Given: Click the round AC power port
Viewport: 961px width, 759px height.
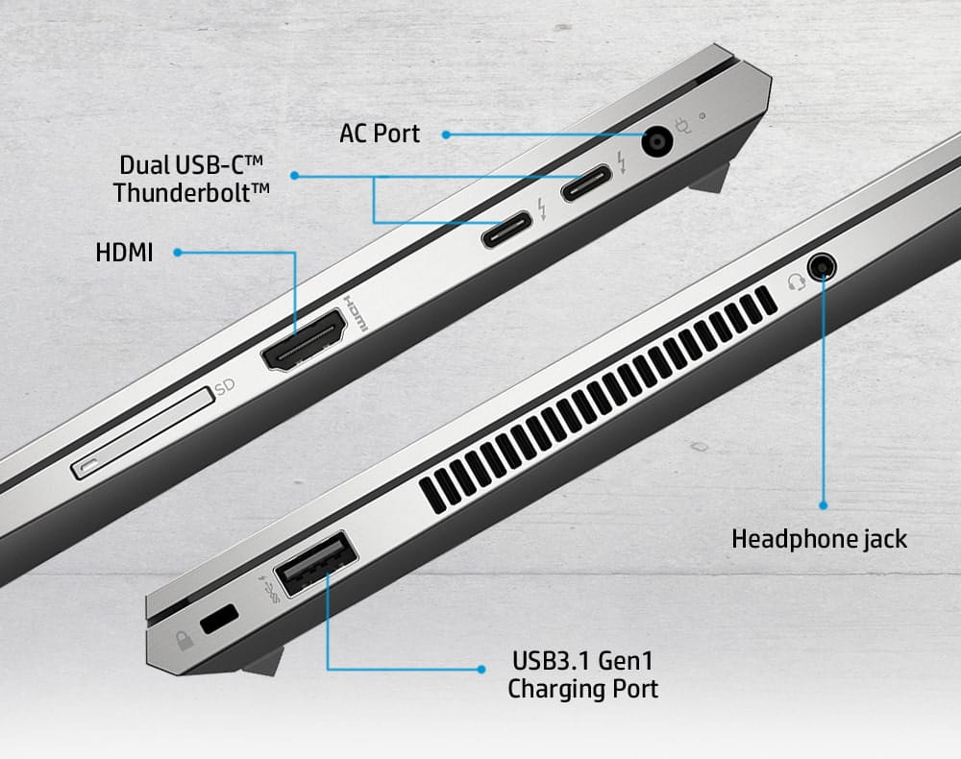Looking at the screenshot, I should (x=658, y=144).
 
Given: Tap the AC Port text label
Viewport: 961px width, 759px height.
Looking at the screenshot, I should (x=380, y=133).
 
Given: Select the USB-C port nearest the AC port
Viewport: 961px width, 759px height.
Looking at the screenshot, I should (x=585, y=183).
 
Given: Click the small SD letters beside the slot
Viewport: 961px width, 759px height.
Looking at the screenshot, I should (x=225, y=387).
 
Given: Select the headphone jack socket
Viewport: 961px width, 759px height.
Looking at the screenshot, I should (x=821, y=266).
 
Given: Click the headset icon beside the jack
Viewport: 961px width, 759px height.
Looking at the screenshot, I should (x=795, y=282).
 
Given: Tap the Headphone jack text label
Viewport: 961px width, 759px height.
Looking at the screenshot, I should (x=819, y=539).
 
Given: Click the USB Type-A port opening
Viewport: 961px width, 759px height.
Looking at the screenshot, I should (x=316, y=569).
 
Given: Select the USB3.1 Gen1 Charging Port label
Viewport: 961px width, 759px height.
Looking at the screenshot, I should (x=583, y=674).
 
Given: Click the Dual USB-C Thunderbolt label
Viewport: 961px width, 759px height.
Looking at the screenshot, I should (x=191, y=178).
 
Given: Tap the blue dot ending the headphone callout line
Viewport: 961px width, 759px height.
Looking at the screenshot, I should (x=823, y=503).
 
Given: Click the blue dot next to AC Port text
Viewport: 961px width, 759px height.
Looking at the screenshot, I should (x=446, y=135).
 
